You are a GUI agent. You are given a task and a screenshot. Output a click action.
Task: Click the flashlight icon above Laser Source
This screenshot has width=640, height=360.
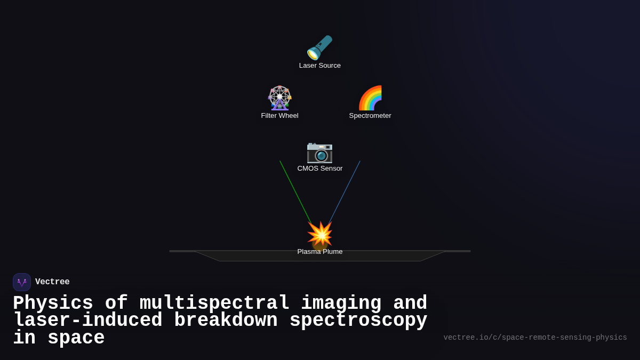pyautogui.click(x=319, y=47)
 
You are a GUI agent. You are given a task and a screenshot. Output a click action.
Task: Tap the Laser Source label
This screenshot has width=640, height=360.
pyautogui.click(x=320, y=66)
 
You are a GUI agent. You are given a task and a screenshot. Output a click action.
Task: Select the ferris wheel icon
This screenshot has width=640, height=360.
pyautogui.click(x=279, y=98)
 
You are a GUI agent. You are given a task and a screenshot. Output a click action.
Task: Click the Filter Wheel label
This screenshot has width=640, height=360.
pyautogui.click(x=279, y=116)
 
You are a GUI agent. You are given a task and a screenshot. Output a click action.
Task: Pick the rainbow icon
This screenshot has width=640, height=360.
pyautogui.click(x=370, y=98)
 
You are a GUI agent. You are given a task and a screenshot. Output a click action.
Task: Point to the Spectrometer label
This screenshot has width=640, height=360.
pyautogui.click(x=370, y=116)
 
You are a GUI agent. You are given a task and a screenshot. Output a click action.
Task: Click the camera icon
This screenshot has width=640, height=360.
pyautogui.click(x=319, y=151)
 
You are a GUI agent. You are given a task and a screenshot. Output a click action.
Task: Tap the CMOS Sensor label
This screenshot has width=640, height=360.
pyautogui.click(x=320, y=169)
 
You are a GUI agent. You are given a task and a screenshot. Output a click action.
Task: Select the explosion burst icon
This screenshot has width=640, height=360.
pyautogui.click(x=320, y=234)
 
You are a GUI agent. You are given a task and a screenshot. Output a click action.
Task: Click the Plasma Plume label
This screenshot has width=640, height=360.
pyautogui.click(x=320, y=252)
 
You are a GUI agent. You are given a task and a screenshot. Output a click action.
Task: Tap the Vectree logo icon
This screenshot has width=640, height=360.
pyautogui.click(x=22, y=282)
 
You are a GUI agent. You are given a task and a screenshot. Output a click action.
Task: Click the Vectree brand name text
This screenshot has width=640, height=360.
pyautogui.click(x=52, y=282)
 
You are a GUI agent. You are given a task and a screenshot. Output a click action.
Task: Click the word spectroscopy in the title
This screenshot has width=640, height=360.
pyautogui.click(x=358, y=321)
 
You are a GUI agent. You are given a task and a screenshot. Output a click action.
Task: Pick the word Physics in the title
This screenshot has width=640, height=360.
pyautogui.click(x=53, y=303)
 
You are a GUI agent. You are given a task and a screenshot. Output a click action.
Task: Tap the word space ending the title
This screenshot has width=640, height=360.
pyautogui.click(x=76, y=338)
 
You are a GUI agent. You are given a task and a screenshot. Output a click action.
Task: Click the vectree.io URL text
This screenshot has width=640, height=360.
pyautogui.click(x=535, y=338)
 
